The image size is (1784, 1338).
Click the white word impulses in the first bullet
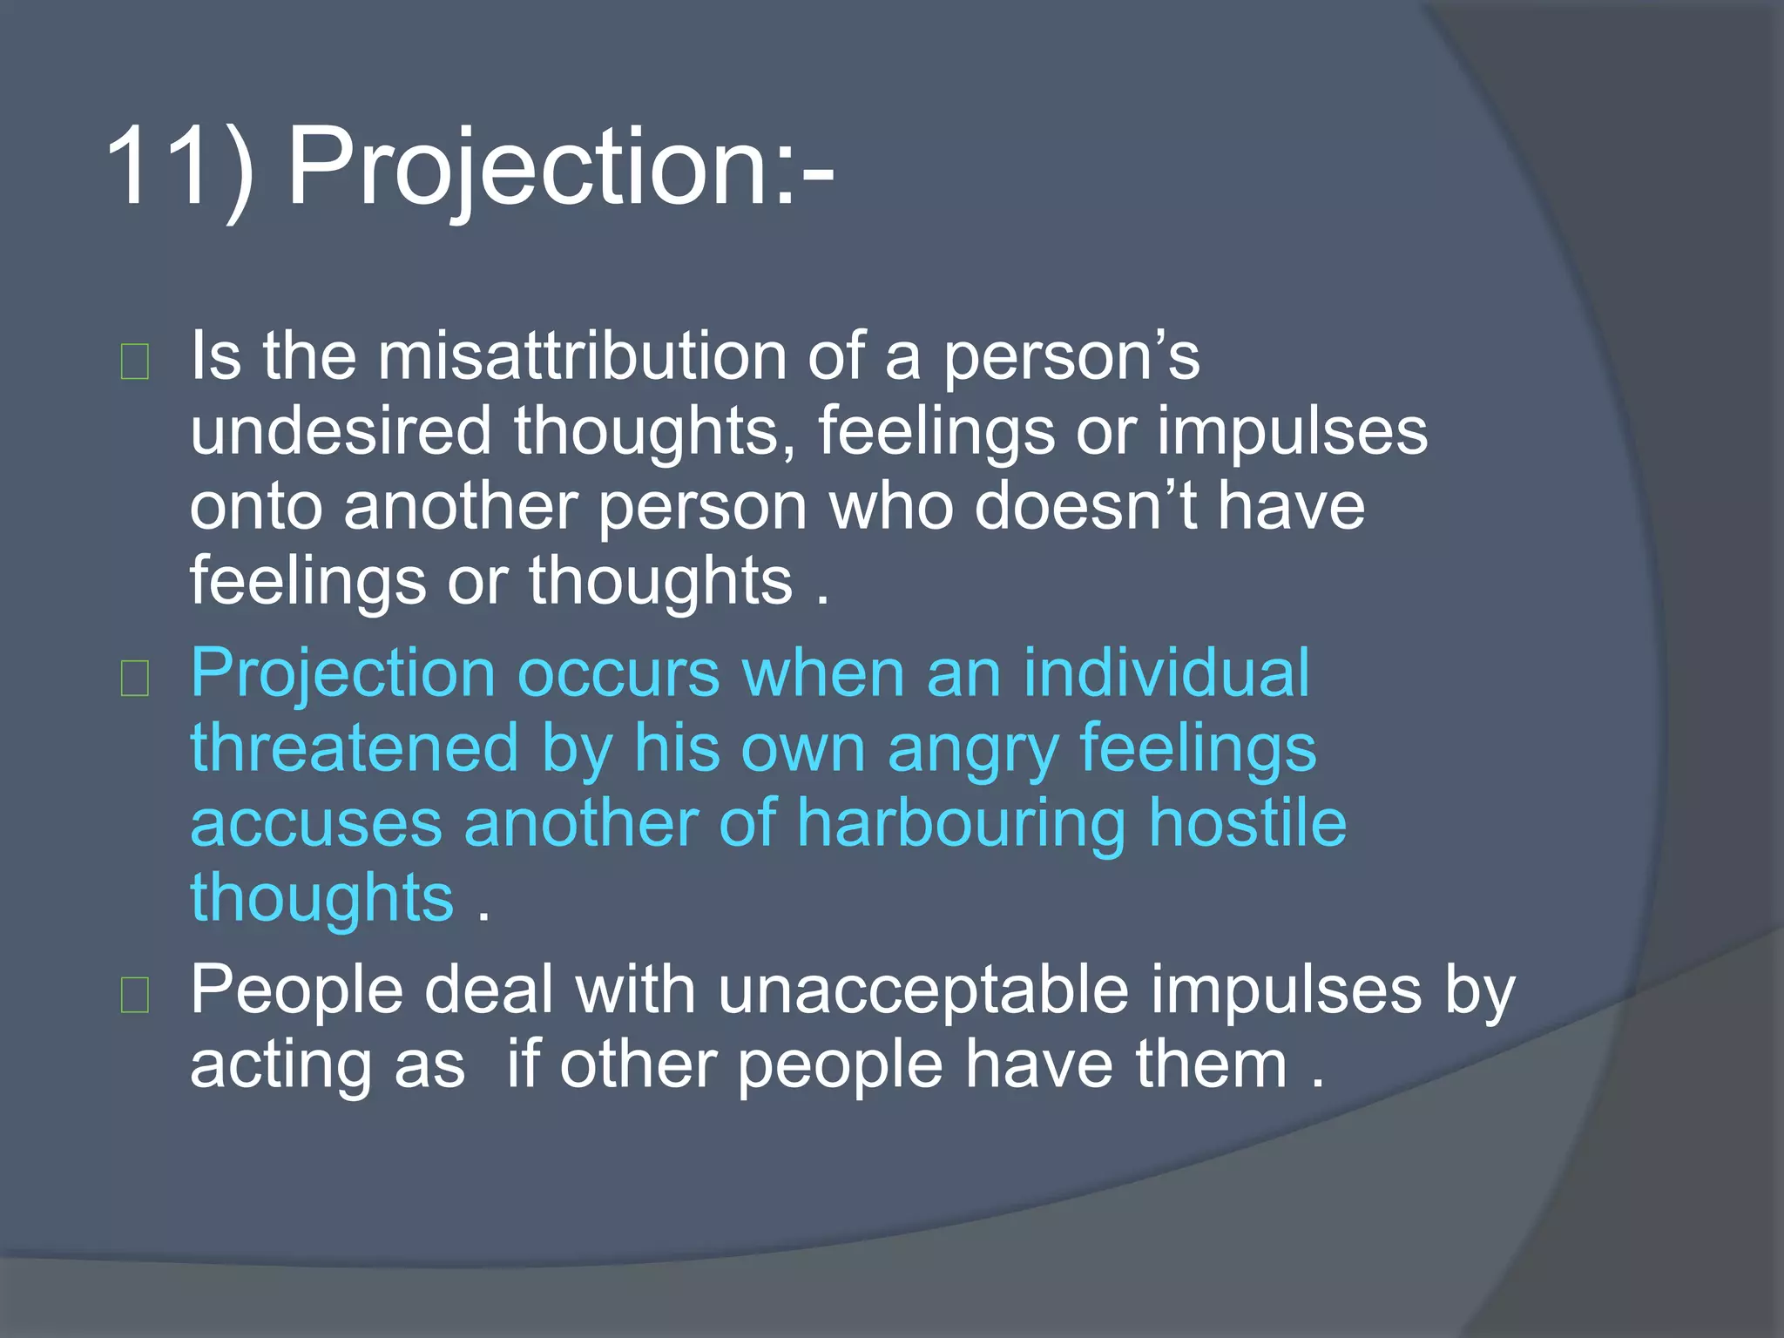click(1293, 433)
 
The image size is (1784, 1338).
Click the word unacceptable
click(924, 991)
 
